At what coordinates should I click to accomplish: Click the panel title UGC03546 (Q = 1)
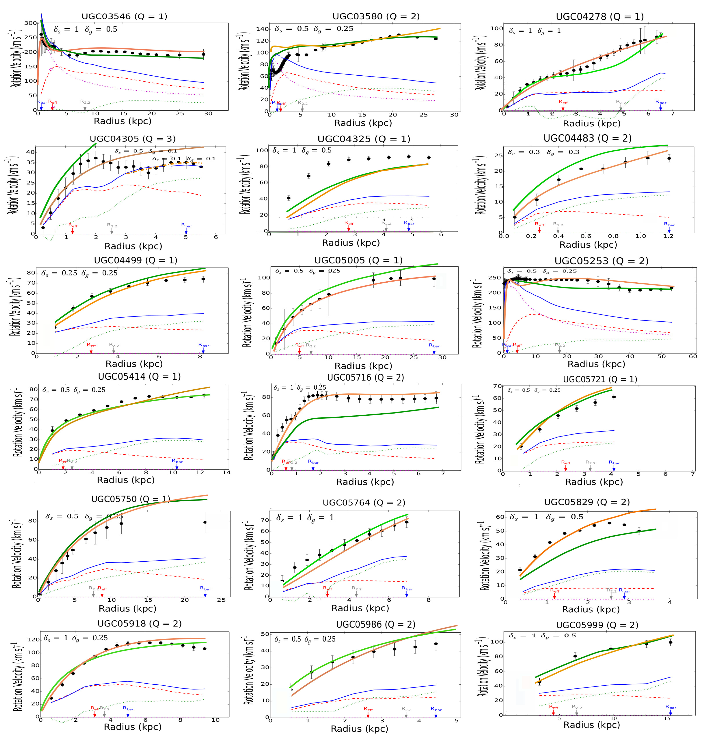click(x=124, y=16)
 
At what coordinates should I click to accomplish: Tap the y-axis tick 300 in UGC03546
click(x=31, y=23)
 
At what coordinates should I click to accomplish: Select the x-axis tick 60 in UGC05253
click(x=693, y=356)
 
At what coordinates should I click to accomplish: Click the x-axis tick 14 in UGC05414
click(x=226, y=472)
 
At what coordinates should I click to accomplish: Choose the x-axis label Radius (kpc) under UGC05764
click(x=360, y=608)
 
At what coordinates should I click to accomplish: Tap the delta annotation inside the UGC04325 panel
click(x=302, y=150)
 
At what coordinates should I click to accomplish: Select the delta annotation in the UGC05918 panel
click(x=76, y=638)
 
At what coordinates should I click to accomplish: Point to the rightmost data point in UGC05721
click(x=614, y=397)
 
